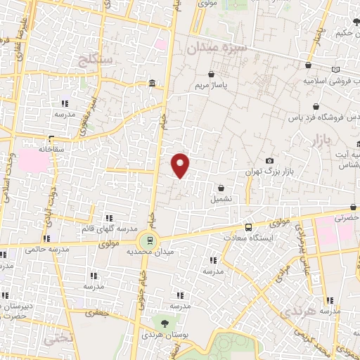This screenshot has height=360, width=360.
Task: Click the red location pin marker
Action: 181,165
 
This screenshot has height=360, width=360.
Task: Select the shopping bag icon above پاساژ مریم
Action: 212,73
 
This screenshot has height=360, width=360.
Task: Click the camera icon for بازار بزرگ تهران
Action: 269,161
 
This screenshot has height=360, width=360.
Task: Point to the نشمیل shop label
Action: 222,200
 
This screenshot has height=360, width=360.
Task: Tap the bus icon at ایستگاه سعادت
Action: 248,227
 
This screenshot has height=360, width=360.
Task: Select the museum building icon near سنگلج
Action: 153,85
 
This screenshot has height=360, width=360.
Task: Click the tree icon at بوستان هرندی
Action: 165,323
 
